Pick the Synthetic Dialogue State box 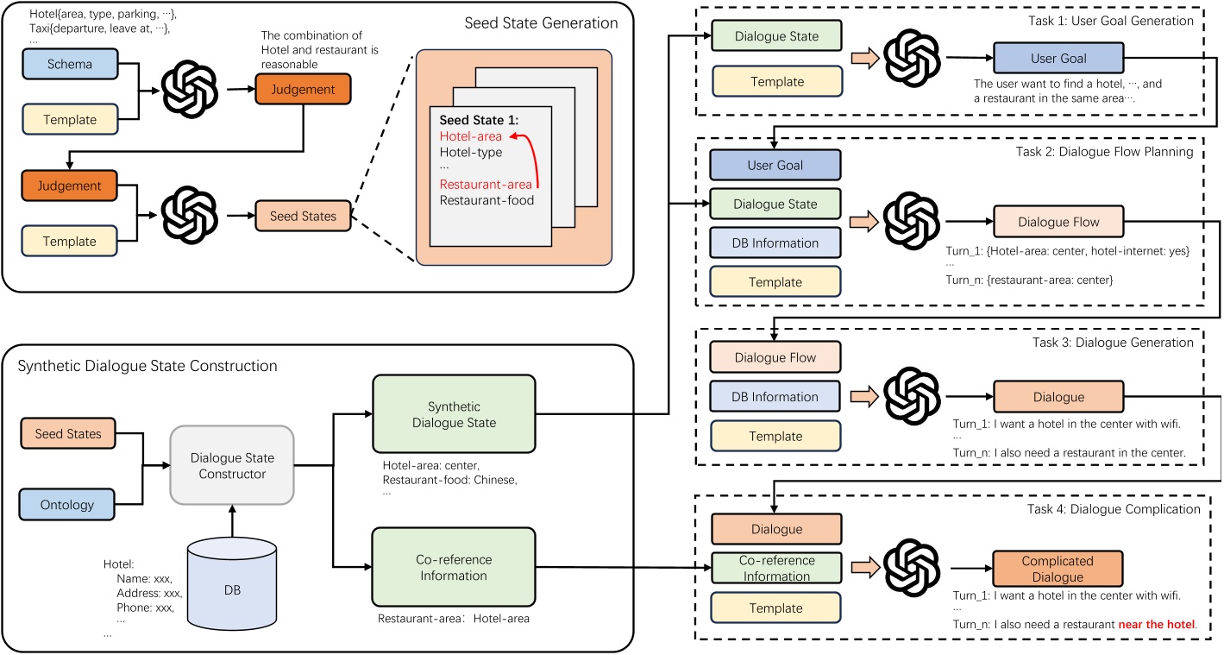[x=454, y=413]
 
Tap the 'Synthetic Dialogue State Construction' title [x=148, y=366]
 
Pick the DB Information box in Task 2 [x=774, y=243]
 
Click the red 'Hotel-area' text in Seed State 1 [x=471, y=135]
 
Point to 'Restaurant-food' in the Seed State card [x=486, y=200]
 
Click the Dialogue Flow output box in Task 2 [x=1058, y=223]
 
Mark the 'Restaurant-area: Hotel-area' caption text [x=453, y=619]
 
